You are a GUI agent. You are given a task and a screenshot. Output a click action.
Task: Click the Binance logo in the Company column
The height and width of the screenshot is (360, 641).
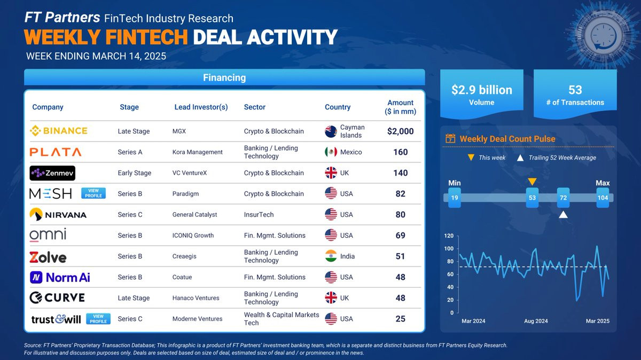tap(59, 131)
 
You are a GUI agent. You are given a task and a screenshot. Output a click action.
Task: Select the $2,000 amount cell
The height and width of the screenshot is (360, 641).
tap(400, 131)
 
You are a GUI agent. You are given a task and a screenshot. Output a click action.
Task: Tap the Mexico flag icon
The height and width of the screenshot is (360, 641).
tap(331, 152)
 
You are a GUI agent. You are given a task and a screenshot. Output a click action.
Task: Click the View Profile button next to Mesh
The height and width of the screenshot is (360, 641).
tap(93, 193)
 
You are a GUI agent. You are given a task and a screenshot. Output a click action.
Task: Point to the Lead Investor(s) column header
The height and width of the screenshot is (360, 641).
tap(201, 107)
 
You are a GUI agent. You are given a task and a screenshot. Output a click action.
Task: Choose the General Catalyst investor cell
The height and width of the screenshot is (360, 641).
tap(194, 215)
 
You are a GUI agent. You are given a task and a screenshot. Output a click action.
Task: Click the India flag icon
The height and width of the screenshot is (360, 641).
tap(331, 256)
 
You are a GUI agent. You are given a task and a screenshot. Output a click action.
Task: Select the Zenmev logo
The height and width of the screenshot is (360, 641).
tap(52, 173)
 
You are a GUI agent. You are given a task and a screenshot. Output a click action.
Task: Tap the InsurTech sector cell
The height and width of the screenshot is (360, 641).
tap(259, 215)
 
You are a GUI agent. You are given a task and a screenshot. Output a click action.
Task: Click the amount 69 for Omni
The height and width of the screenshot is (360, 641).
tap(400, 235)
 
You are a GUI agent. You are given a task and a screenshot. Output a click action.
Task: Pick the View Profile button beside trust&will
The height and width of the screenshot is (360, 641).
tap(98, 319)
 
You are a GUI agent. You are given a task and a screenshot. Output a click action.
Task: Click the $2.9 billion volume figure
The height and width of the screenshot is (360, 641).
tap(482, 90)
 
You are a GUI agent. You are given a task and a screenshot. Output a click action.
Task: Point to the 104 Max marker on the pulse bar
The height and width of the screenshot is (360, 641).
tap(603, 198)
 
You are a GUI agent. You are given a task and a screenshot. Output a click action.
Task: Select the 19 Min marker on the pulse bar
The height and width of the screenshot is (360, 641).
tap(455, 198)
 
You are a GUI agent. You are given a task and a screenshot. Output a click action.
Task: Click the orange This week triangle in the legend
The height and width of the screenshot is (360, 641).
tap(471, 158)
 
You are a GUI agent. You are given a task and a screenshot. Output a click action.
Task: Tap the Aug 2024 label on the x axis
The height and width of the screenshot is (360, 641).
tap(536, 321)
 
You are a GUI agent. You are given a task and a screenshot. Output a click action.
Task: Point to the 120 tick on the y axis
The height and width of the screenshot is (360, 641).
tap(449, 236)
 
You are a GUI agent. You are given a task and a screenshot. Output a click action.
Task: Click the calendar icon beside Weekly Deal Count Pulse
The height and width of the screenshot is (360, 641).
tap(450, 139)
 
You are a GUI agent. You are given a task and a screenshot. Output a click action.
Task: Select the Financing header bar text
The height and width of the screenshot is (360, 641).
tap(224, 77)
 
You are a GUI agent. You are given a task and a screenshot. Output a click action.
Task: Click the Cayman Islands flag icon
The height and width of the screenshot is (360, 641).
tap(331, 131)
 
